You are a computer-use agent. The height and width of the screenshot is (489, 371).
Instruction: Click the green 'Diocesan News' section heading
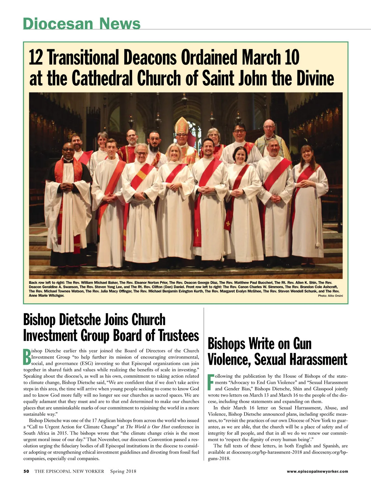(x=82, y=23)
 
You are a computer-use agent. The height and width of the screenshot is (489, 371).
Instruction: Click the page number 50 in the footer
(x=26, y=471)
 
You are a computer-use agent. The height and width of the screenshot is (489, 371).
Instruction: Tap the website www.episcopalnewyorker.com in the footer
(x=317, y=471)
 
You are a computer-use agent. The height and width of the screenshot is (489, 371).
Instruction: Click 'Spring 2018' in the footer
(x=123, y=471)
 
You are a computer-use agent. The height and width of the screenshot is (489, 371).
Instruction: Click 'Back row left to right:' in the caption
(x=46, y=283)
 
